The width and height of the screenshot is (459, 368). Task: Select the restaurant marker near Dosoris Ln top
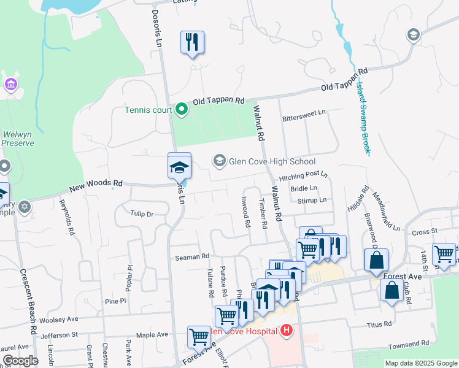pos(193,42)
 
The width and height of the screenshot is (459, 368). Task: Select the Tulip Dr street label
pos(141,213)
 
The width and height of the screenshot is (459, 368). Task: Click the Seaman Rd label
pos(192,257)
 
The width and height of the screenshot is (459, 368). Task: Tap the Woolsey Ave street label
pos(58,320)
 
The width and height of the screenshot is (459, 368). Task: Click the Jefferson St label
pos(59,335)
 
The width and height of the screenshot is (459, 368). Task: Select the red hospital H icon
pos(285,332)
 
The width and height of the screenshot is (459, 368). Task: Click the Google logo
pos(20,361)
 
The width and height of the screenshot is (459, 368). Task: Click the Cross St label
pos(423,232)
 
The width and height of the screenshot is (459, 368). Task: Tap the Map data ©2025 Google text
pos(421,363)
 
